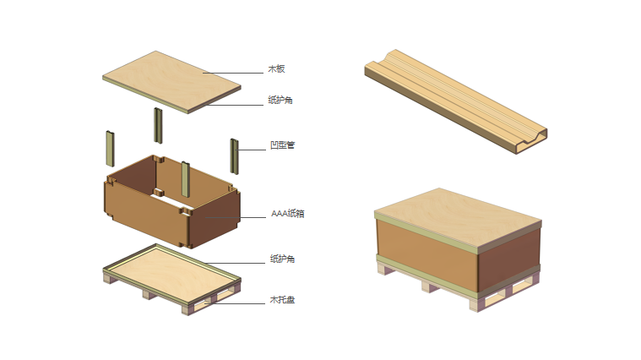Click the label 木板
pyautogui.click(x=276, y=68)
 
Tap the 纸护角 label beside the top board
pyautogui.click(x=280, y=100)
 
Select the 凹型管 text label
pyautogui.click(x=282, y=145)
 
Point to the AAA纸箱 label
pyautogui.click(x=288, y=213)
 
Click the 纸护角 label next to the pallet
pyautogui.click(x=282, y=259)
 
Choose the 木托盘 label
pyautogui.click(x=282, y=299)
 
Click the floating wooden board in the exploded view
pyautogui.click(x=171, y=82)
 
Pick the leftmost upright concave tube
pyautogui.click(x=111, y=149)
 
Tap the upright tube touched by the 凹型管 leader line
pyautogui.click(x=234, y=156)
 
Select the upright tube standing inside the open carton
pyautogui.click(x=186, y=179)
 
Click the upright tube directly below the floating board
pyautogui.click(x=158, y=126)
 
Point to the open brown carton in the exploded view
pyautogui.click(x=171, y=201)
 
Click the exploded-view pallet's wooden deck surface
pyautogui.click(x=171, y=271)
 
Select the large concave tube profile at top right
pyautogui.click(x=456, y=101)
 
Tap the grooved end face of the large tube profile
pyautogui.click(x=531, y=142)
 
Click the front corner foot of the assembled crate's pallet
pyautogui.click(x=475, y=304)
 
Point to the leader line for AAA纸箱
pyautogui.click(x=236, y=217)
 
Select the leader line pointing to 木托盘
pyautogui.click(x=235, y=303)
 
